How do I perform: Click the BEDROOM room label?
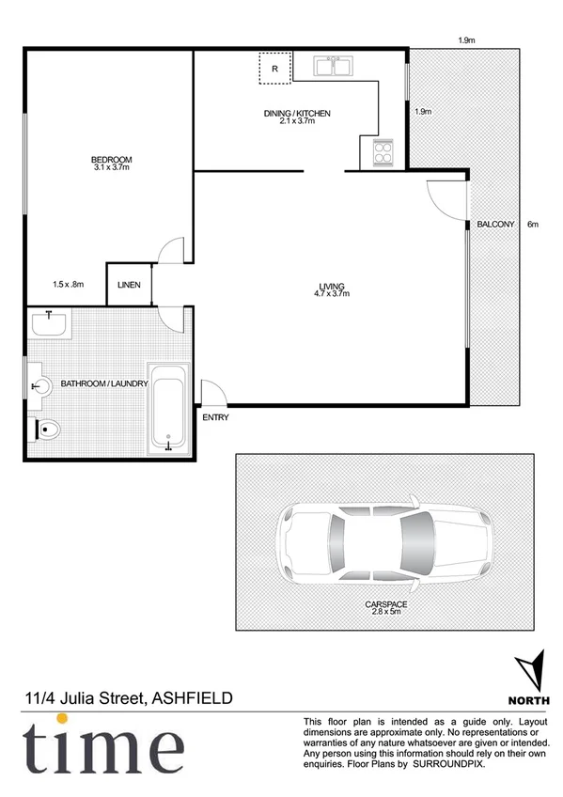[111, 159]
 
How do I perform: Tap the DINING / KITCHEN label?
[297, 114]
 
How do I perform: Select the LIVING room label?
[332, 286]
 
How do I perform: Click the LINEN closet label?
[130, 285]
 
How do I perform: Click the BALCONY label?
[495, 225]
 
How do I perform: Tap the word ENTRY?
[214, 417]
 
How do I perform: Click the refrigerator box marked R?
[274, 70]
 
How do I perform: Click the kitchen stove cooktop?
[383, 151]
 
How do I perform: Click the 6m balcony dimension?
[533, 225]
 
